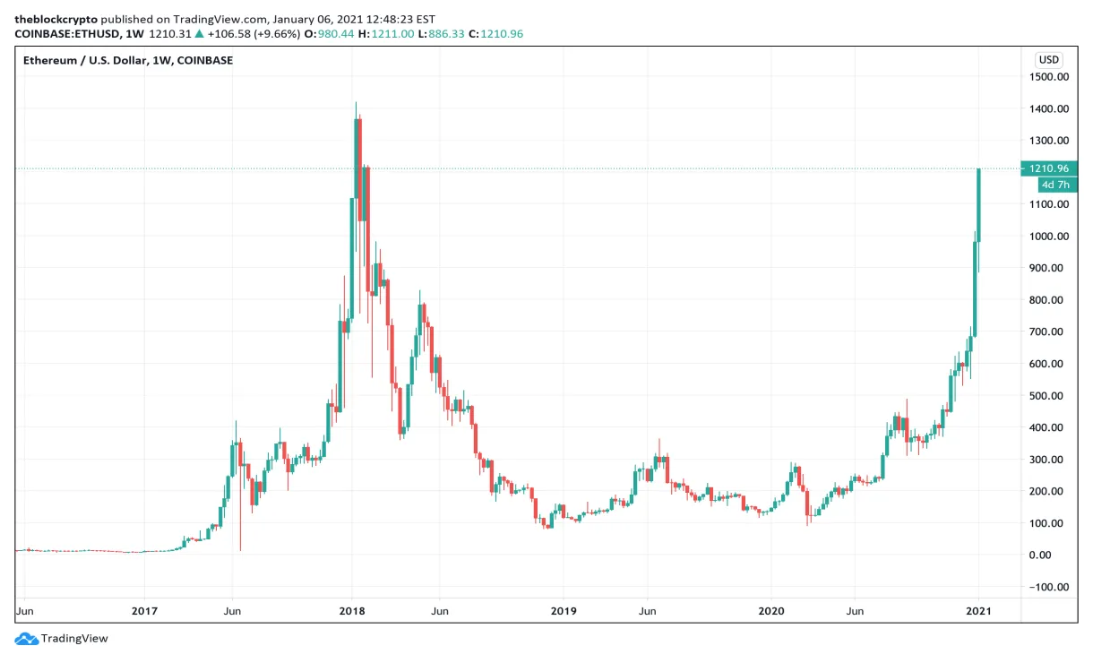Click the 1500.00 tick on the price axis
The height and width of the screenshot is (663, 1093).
pyautogui.click(x=1048, y=77)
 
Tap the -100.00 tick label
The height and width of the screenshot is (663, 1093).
pyautogui.click(x=1048, y=587)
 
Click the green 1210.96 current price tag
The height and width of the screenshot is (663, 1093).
pyautogui.click(x=1049, y=168)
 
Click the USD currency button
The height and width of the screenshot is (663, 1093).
pyautogui.click(x=1048, y=60)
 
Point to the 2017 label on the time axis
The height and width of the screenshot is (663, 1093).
pyautogui.click(x=144, y=611)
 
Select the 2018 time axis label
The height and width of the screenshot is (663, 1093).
pyautogui.click(x=352, y=611)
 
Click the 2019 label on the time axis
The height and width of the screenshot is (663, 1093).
pyautogui.click(x=563, y=611)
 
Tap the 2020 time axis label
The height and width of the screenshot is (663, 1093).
pyautogui.click(x=770, y=611)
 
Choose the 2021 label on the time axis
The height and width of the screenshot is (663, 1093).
pyautogui.click(x=979, y=611)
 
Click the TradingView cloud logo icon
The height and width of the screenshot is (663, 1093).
pyautogui.click(x=26, y=638)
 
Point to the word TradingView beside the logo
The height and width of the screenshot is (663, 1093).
pyautogui.click(x=74, y=639)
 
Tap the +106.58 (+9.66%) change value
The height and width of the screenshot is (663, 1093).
pyautogui.click(x=254, y=34)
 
